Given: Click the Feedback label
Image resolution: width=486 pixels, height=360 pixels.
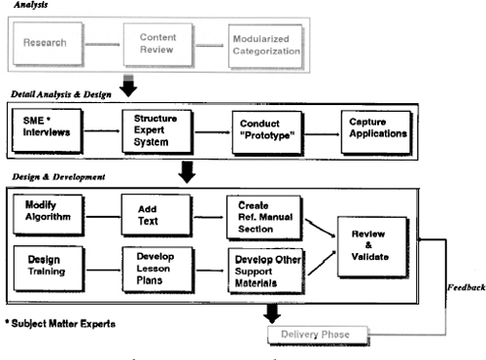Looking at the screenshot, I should click(x=465, y=289).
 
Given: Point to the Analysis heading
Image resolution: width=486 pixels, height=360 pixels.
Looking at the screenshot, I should click(x=35, y=5).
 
